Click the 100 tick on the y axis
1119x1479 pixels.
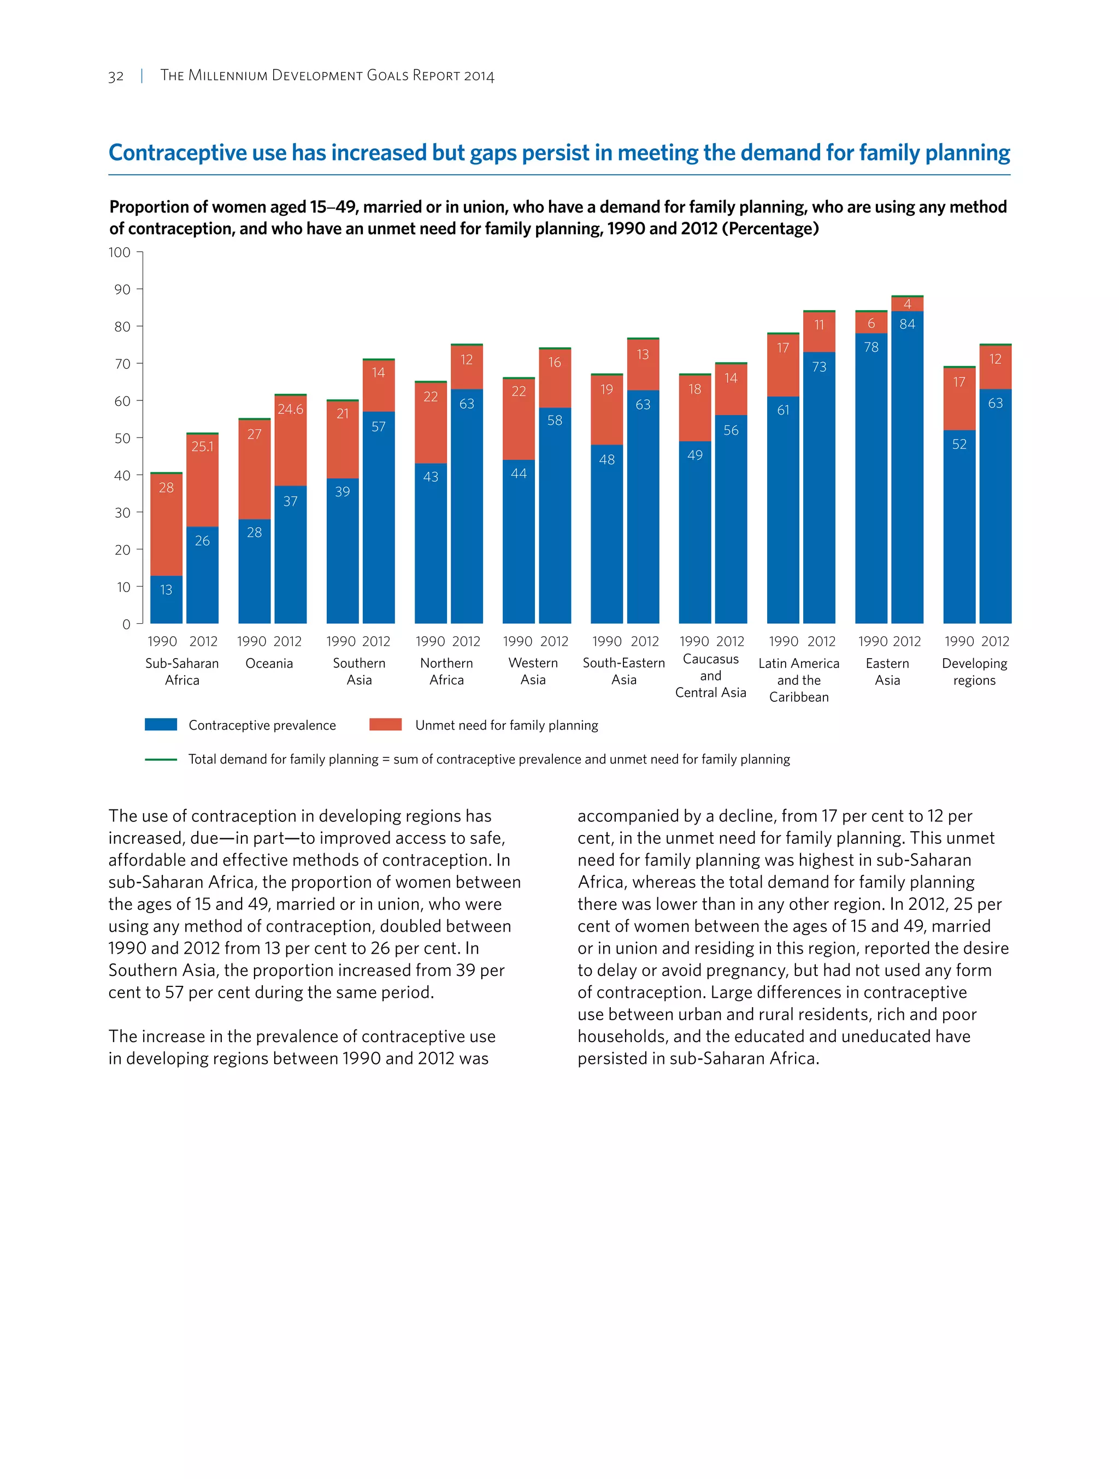pyautogui.click(x=120, y=252)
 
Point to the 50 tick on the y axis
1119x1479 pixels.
pyautogui.click(x=122, y=438)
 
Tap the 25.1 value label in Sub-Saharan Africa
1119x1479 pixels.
pyautogui.click(x=202, y=446)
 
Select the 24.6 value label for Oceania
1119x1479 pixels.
pyautogui.click(x=290, y=409)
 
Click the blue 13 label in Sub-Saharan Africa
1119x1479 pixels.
pyautogui.click(x=166, y=590)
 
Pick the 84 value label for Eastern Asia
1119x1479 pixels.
pyautogui.click(x=907, y=324)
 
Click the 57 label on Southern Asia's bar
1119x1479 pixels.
pyautogui.click(x=379, y=427)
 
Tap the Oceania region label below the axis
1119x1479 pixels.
pyautogui.click(x=269, y=663)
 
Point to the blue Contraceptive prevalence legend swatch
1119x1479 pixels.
pyautogui.click(x=161, y=725)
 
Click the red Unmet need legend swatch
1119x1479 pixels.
pyautogui.click(x=385, y=725)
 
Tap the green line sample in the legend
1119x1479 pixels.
pyautogui.click(x=161, y=760)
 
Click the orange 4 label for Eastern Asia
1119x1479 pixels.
pyautogui.click(x=907, y=304)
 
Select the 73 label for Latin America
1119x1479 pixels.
pyautogui.click(x=818, y=367)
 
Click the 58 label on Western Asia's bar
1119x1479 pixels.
pyautogui.click(x=555, y=421)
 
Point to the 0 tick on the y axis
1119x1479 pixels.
pyautogui.click(x=126, y=624)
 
